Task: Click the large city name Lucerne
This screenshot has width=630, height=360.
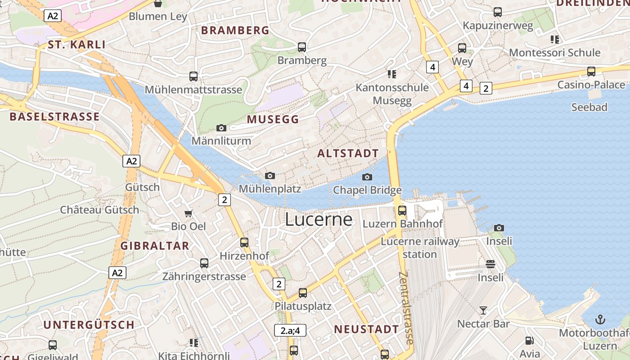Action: click(x=319, y=219)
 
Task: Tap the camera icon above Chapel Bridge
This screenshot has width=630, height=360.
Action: click(x=367, y=177)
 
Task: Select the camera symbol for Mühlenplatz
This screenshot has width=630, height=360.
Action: click(x=270, y=175)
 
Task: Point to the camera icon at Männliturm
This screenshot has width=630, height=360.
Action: click(x=221, y=128)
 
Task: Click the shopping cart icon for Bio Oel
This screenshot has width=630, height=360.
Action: click(x=189, y=213)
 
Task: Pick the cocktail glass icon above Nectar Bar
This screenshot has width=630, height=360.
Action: click(x=483, y=310)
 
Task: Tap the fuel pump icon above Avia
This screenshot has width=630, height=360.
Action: click(x=530, y=341)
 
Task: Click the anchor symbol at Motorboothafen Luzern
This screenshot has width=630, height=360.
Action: click(x=600, y=319)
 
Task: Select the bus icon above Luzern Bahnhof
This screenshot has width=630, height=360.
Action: click(x=402, y=210)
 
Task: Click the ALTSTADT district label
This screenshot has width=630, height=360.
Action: click(x=348, y=153)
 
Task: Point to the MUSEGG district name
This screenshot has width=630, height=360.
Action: click(x=273, y=119)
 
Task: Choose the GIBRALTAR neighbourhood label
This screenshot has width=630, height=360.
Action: click(x=155, y=246)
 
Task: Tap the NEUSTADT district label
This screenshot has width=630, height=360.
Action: click(x=366, y=329)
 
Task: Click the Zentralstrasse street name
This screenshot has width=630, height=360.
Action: click(x=406, y=308)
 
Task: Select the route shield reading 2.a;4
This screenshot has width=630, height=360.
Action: click(x=290, y=330)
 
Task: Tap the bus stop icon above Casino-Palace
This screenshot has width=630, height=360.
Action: click(x=591, y=72)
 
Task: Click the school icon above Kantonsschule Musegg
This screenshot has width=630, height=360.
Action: click(x=392, y=74)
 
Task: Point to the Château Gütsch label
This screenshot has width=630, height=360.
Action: click(x=99, y=210)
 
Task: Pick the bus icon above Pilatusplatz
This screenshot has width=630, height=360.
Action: click(x=303, y=293)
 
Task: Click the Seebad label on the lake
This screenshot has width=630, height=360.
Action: click(x=589, y=107)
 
